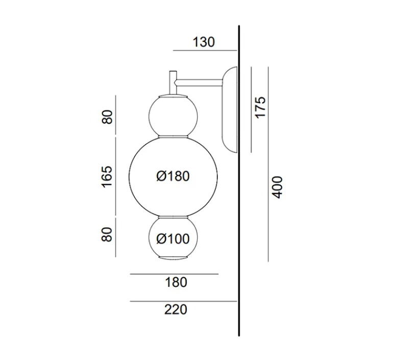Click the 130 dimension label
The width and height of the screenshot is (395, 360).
[x=204, y=42]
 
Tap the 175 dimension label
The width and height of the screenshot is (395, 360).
[x=260, y=107]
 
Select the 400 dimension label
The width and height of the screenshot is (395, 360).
[x=277, y=187]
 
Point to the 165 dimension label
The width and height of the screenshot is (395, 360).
[x=107, y=176]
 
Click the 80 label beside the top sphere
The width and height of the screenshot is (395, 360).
[x=107, y=117]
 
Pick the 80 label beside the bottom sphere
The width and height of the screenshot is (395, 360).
[x=107, y=234]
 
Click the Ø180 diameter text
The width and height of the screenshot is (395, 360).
[x=173, y=176]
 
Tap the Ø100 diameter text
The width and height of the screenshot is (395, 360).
[x=173, y=238]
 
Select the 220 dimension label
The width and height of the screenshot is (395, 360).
[x=176, y=309]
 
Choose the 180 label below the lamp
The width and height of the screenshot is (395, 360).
[x=176, y=282]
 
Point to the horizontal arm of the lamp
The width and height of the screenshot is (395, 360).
[x=199, y=80]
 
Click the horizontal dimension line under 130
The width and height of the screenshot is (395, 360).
[x=204, y=51]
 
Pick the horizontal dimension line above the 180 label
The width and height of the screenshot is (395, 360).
[x=174, y=274]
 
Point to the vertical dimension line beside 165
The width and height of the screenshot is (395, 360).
[x=116, y=176]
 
